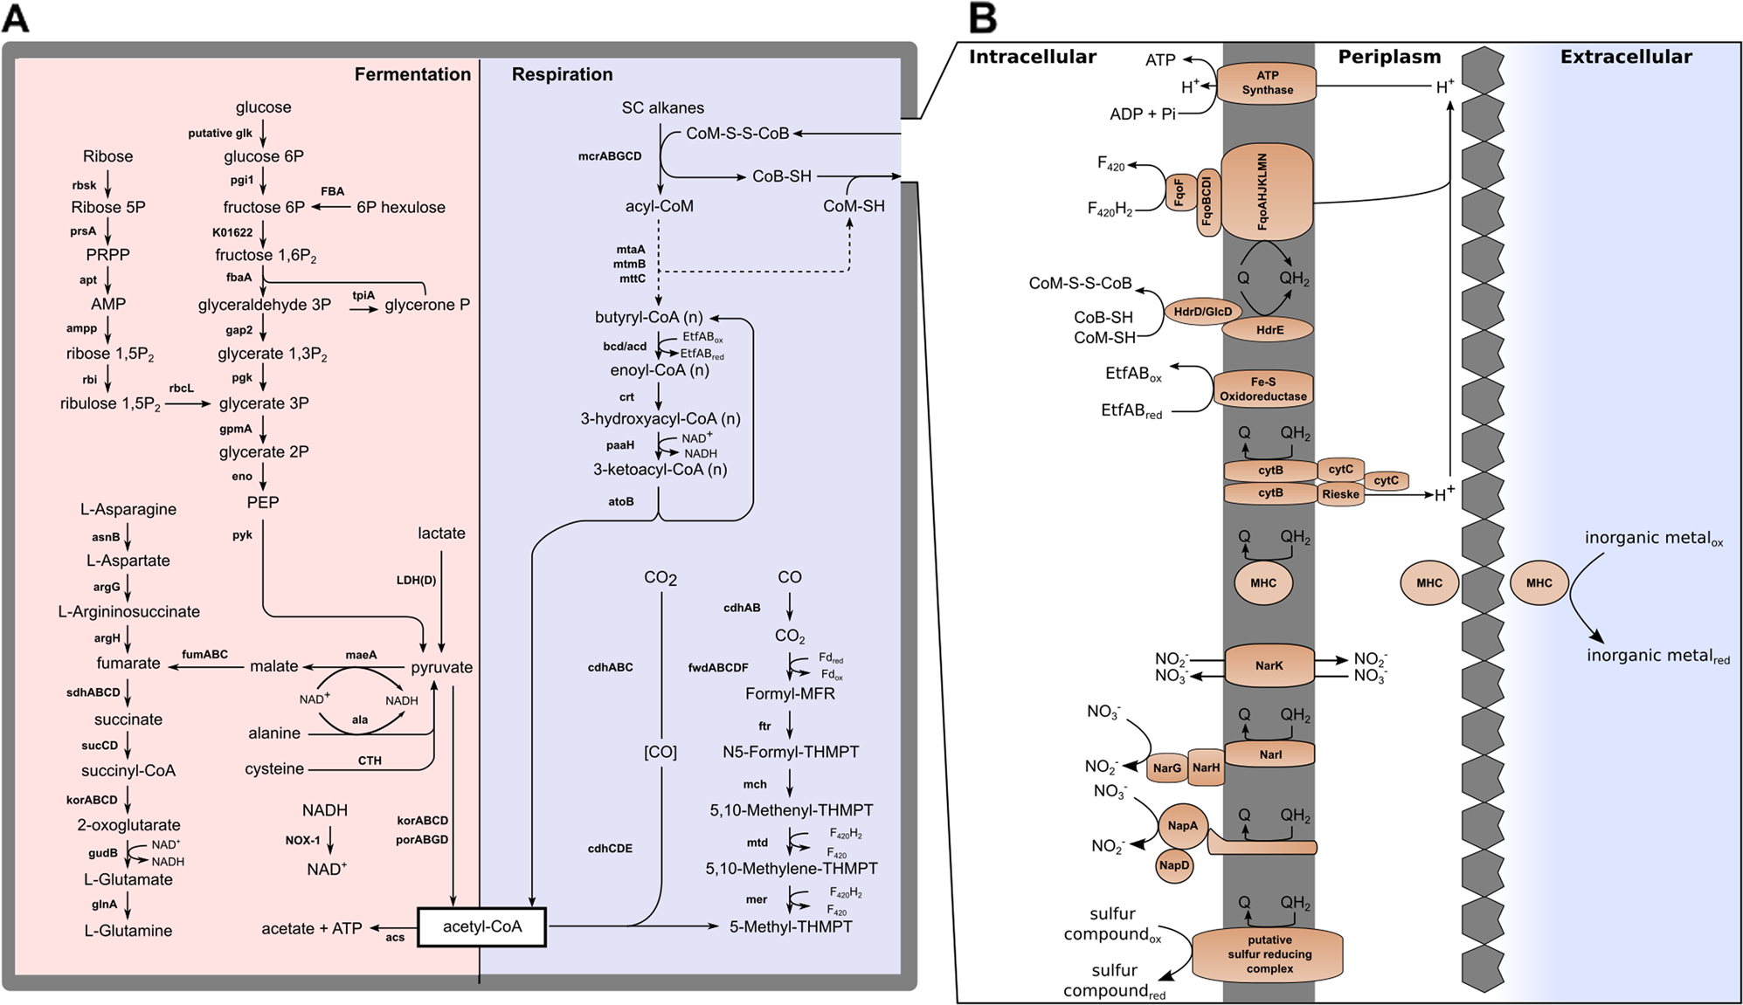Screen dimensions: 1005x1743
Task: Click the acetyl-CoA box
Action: (481, 927)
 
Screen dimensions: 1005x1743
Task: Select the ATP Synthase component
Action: (1267, 83)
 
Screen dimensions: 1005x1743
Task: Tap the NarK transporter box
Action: (1269, 666)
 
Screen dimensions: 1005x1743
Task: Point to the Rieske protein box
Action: (1339, 494)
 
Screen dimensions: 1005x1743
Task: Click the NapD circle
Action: (1173, 865)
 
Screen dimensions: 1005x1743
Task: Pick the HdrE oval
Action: (1269, 330)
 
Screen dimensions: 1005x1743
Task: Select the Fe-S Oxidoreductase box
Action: (1262, 389)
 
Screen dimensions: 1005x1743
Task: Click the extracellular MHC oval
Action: (1539, 583)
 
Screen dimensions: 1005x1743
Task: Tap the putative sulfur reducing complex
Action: (1269, 954)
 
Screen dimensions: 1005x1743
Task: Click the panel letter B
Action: (982, 18)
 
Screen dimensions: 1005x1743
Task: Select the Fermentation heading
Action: (412, 74)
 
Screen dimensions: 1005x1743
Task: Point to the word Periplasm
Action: (1389, 58)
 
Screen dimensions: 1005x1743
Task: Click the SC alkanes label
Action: (662, 108)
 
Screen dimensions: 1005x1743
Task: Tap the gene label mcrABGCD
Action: (610, 156)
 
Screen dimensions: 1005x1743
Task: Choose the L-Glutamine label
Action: (128, 931)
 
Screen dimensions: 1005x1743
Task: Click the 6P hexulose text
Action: (400, 208)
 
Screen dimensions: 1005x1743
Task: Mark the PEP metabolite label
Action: (262, 503)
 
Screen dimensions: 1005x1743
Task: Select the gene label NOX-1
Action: (302, 841)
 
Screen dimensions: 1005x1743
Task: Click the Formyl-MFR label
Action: (790, 694)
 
